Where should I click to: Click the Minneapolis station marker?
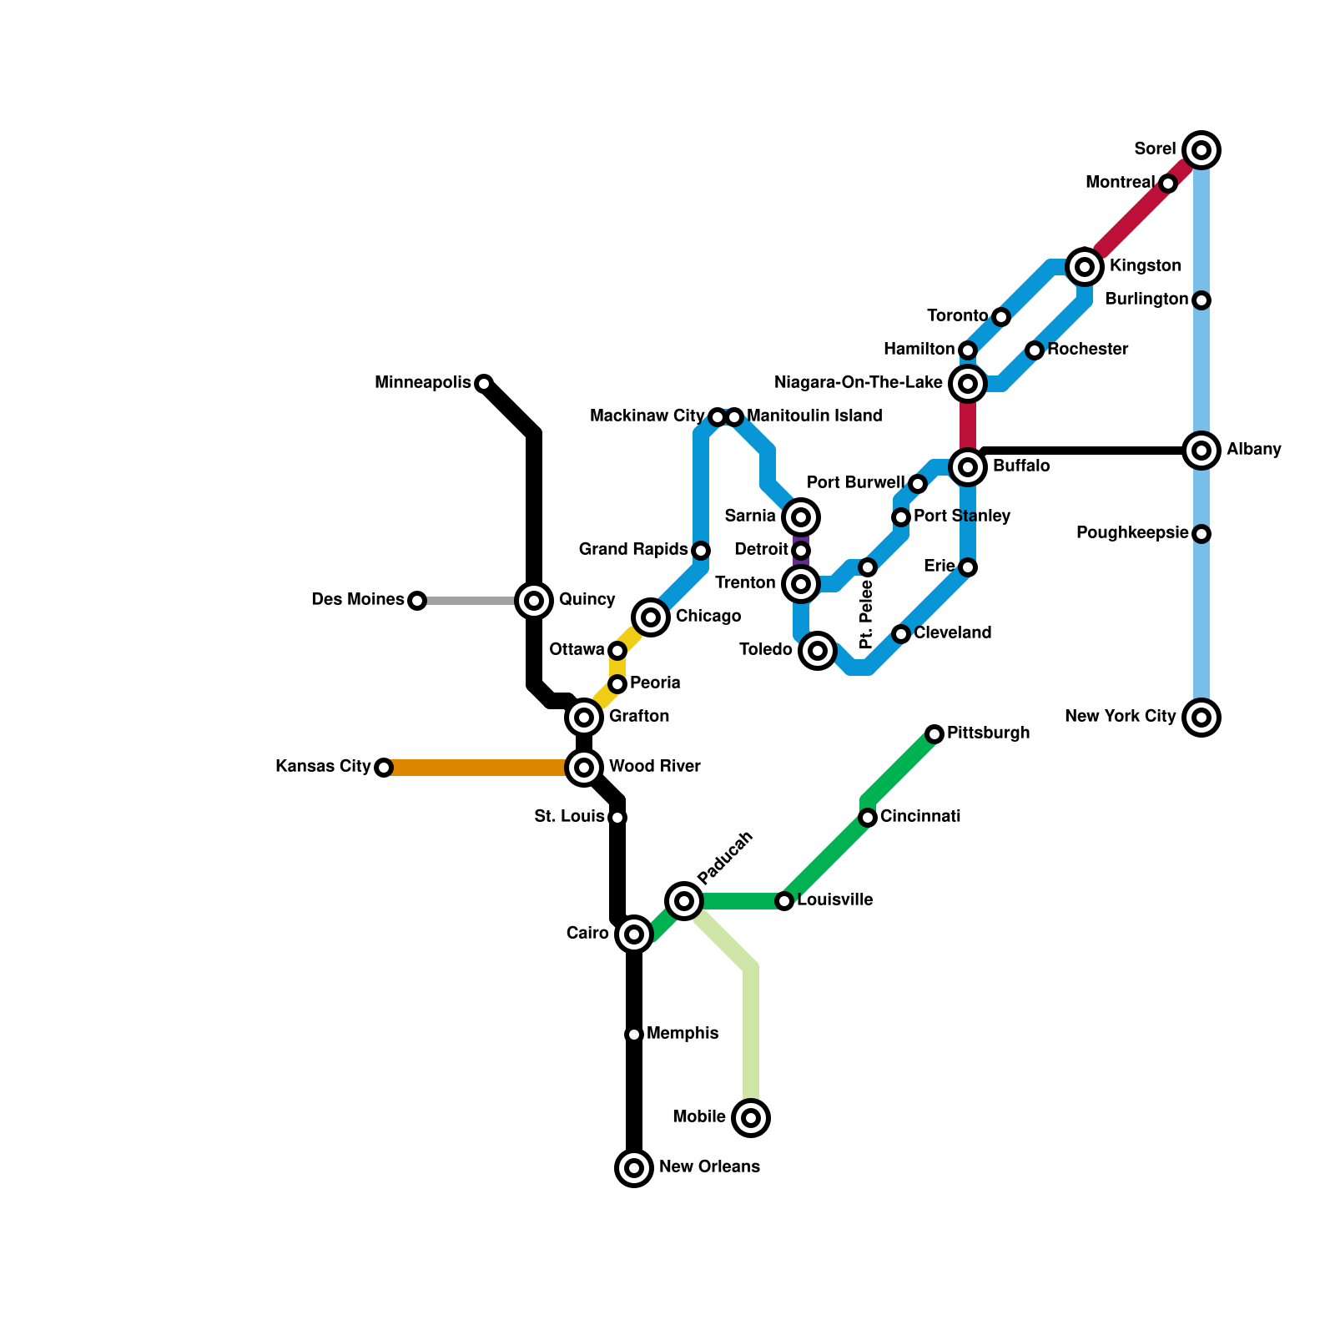[x=484, y=384]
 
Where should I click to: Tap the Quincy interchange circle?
[x=534, y=601]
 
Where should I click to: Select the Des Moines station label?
[x=357, y=600]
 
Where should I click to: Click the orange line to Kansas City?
[x=476, y=768]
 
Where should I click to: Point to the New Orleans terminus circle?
[x=634, y=1168]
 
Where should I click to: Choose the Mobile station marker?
[x=751, y=1118]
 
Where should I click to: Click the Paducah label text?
[x=725, y=858]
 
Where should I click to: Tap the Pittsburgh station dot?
[x=934, y=734]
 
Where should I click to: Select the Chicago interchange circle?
[x=651, y=617]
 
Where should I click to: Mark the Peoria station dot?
[x=617, y=684]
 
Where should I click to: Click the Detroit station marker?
[x=801, y=551]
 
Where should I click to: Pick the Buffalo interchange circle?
[x=968, y=467]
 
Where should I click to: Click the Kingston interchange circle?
[x=1085, y=267]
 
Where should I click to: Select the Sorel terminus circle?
[x=1201, y=150]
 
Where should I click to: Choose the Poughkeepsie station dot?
[x=1201, y=534]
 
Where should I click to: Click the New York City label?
[x=1120, y=717]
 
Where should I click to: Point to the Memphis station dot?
[x=634, y=1035]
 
